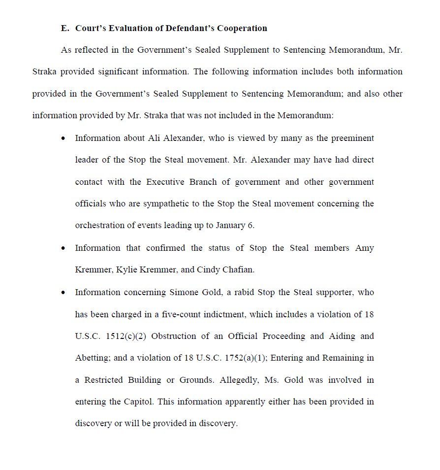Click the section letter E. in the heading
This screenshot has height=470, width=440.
(65, 28)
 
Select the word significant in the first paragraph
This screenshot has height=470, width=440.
(119, 72)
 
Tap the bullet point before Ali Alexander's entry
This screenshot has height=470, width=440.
(63, 138)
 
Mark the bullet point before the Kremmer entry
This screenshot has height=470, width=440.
(63, 248)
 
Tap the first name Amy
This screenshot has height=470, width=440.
(365, 248)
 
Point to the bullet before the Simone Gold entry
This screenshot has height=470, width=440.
(63, 292)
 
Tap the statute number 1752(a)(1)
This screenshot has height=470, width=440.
(244, 358)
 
